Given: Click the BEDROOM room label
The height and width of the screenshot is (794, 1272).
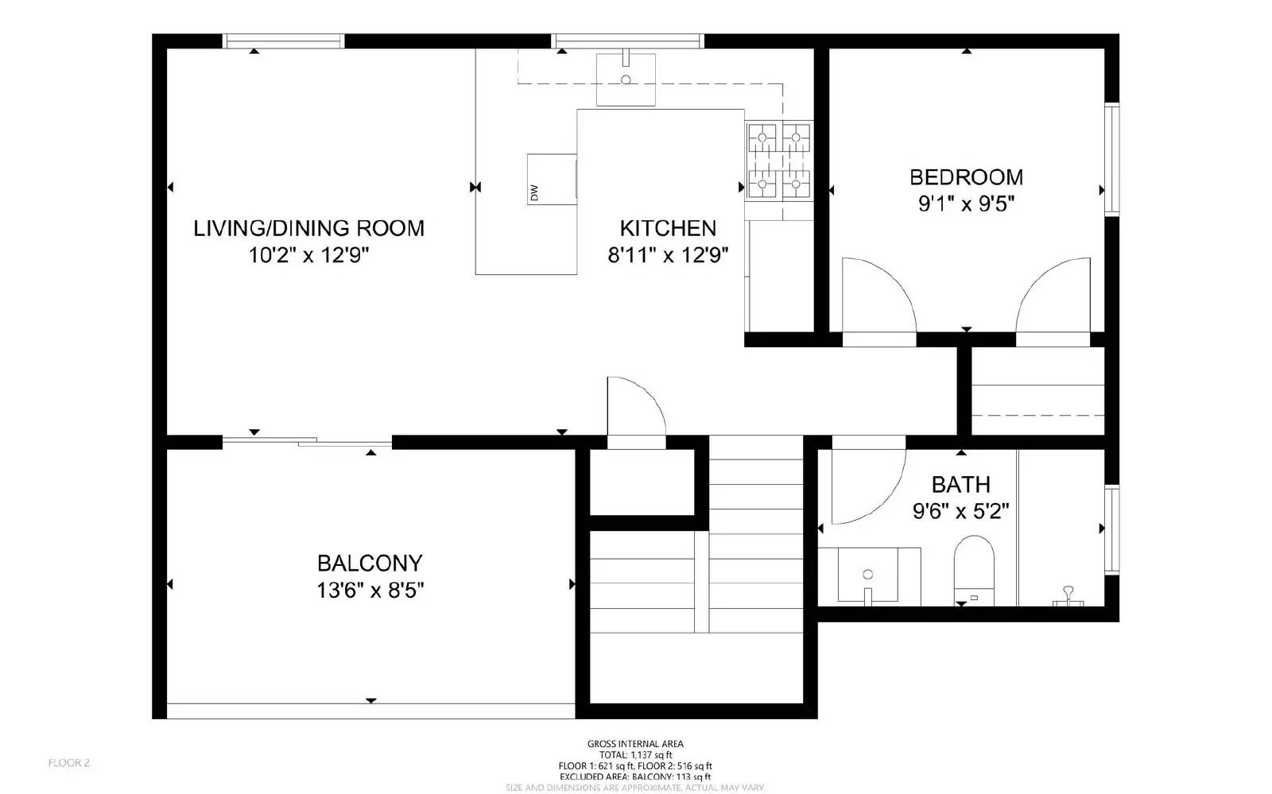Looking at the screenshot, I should point(966,176).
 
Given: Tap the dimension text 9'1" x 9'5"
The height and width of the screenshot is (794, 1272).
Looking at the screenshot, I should point(966,204).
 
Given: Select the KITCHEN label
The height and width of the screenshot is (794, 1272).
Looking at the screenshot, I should point(668,228).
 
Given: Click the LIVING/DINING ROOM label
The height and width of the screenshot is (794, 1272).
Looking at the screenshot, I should point(309,228).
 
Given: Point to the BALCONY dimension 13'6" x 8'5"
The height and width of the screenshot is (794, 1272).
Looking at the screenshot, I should point(370,591).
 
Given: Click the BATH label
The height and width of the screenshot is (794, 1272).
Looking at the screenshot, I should point(960,484).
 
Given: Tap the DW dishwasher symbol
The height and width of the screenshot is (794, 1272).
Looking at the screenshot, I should point(551,180).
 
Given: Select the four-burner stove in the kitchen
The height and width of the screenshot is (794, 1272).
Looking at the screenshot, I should point(778,161).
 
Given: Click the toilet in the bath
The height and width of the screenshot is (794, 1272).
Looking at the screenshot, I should point(974,568).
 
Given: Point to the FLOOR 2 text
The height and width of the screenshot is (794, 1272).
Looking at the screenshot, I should point(69,763).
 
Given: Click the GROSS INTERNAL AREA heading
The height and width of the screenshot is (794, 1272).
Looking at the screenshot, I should point(635,744).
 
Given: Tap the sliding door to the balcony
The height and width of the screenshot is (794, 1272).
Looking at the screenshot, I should point(306,441).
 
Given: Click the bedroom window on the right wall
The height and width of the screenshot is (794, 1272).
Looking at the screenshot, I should point(1111,159).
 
